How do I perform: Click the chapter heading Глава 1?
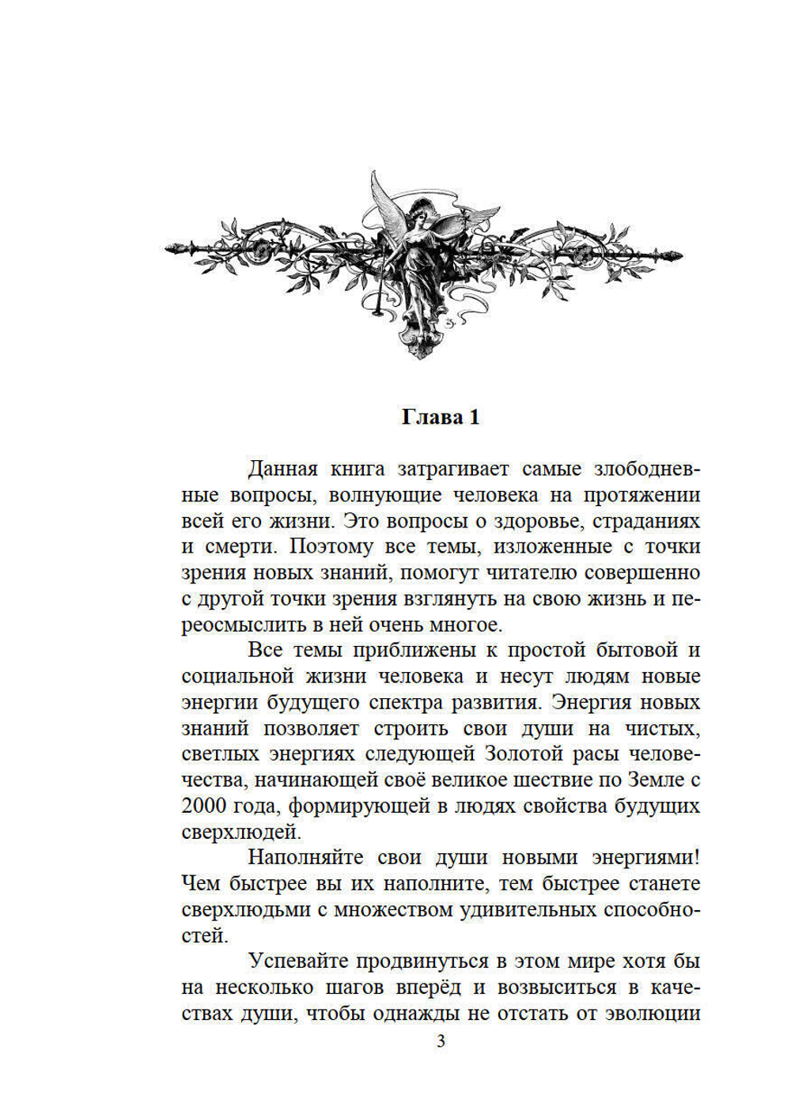(x=441, y=417)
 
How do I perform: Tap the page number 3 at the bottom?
(x=441, y=1041)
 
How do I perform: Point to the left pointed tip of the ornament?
(x=168, y=249)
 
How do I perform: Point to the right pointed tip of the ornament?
(x=680, y=255)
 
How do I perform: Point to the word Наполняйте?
(x=306, y=858)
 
